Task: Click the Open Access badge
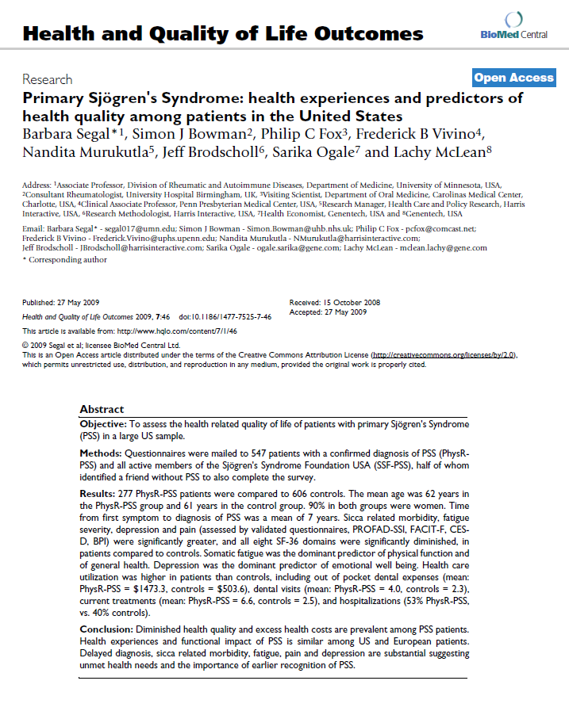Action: (x=513, y=78)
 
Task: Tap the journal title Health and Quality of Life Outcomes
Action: (x=223, y=34)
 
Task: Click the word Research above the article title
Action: (x=47, y=79)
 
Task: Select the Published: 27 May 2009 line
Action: (x=60, y=303)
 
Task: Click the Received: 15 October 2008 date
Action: (x=334, y=302)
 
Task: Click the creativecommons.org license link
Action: (x=444, y=355)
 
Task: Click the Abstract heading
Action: (x=102, y=409)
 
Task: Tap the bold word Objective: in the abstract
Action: (x=103, y=425)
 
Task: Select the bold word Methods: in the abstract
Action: (x=102, y=452)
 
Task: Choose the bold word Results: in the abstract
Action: (x=99, y=492)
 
